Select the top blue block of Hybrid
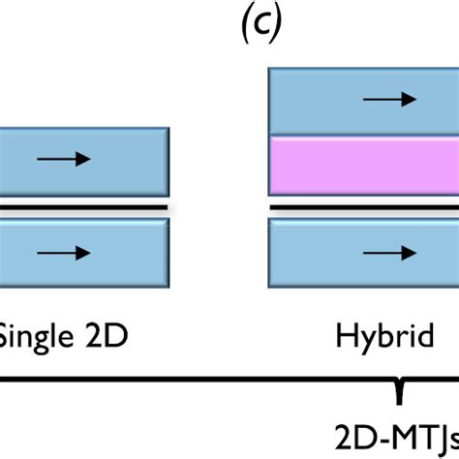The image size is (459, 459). (362, 99)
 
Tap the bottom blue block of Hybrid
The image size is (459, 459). (362, 254)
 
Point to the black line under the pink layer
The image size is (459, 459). (362, 209)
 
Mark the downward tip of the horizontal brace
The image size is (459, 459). (398, 398)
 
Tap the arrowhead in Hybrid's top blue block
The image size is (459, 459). (413, 99)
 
